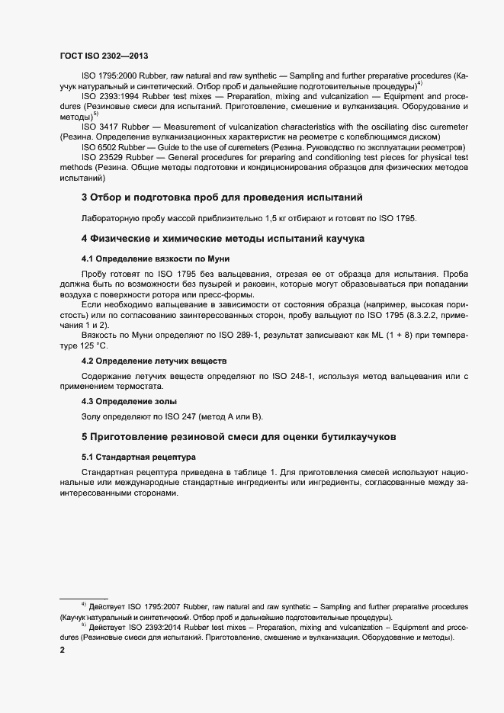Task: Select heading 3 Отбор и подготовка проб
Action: (x=220, y=198)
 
